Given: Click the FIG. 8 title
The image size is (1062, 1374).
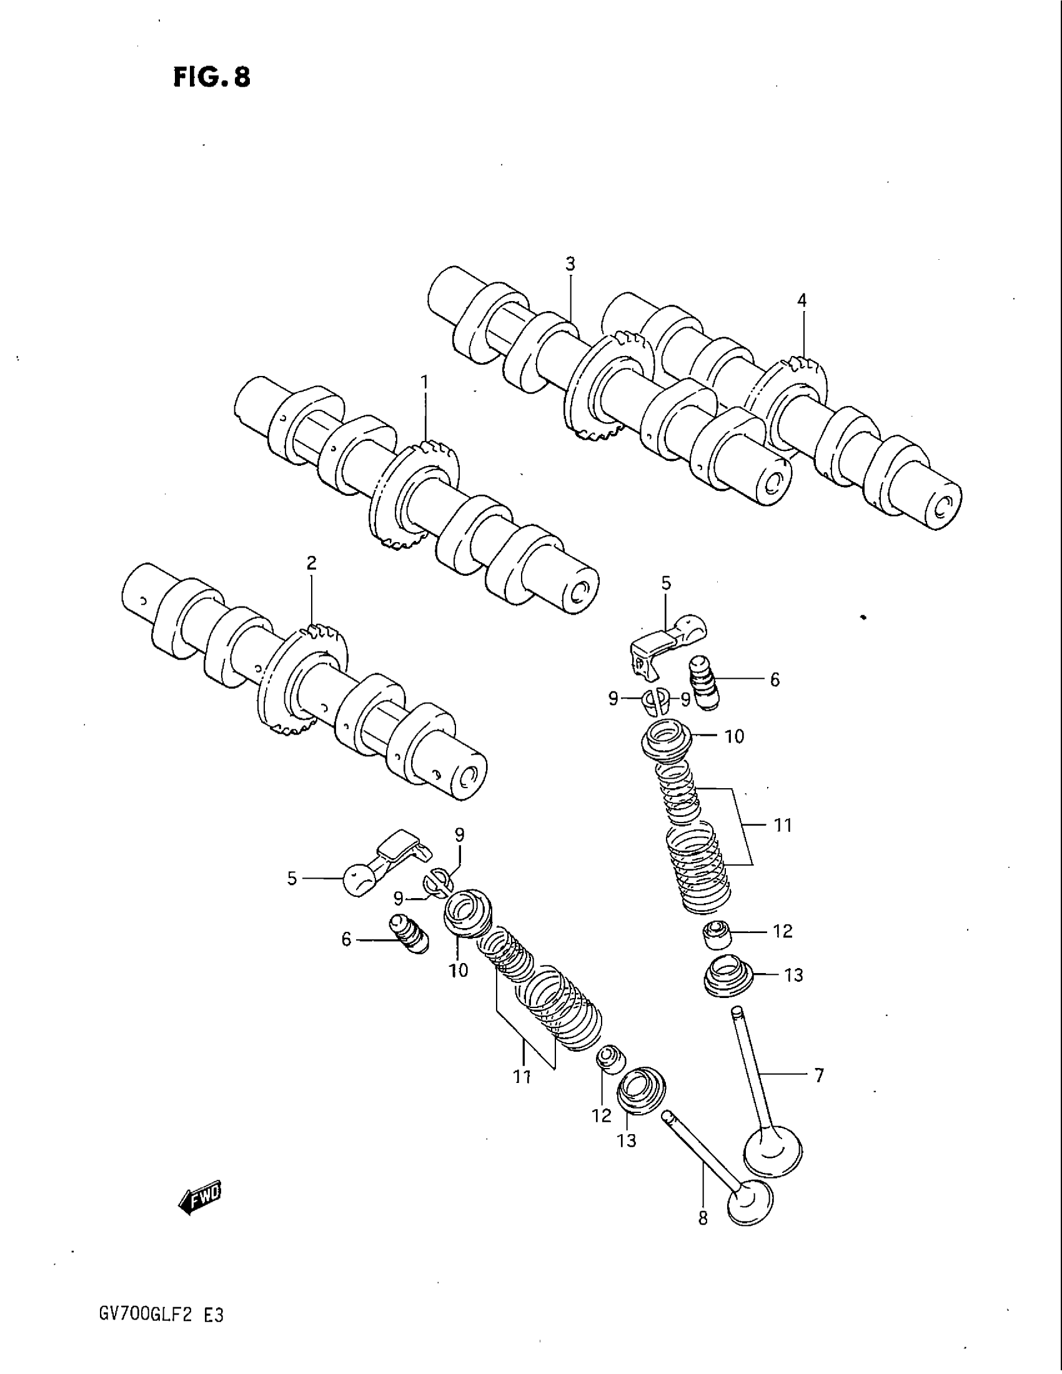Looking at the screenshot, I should coord(211,77).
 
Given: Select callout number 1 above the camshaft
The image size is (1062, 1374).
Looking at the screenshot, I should coord(424,382).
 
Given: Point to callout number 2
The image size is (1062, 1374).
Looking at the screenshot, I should coord(312,563).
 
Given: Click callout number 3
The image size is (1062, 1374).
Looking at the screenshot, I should coord(569,264).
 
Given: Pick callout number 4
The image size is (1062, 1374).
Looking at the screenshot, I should coord(801,301).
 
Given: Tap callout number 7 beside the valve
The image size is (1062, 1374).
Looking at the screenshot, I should coord(818,1077).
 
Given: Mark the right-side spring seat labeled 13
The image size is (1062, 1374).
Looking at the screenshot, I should coord(727,980).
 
